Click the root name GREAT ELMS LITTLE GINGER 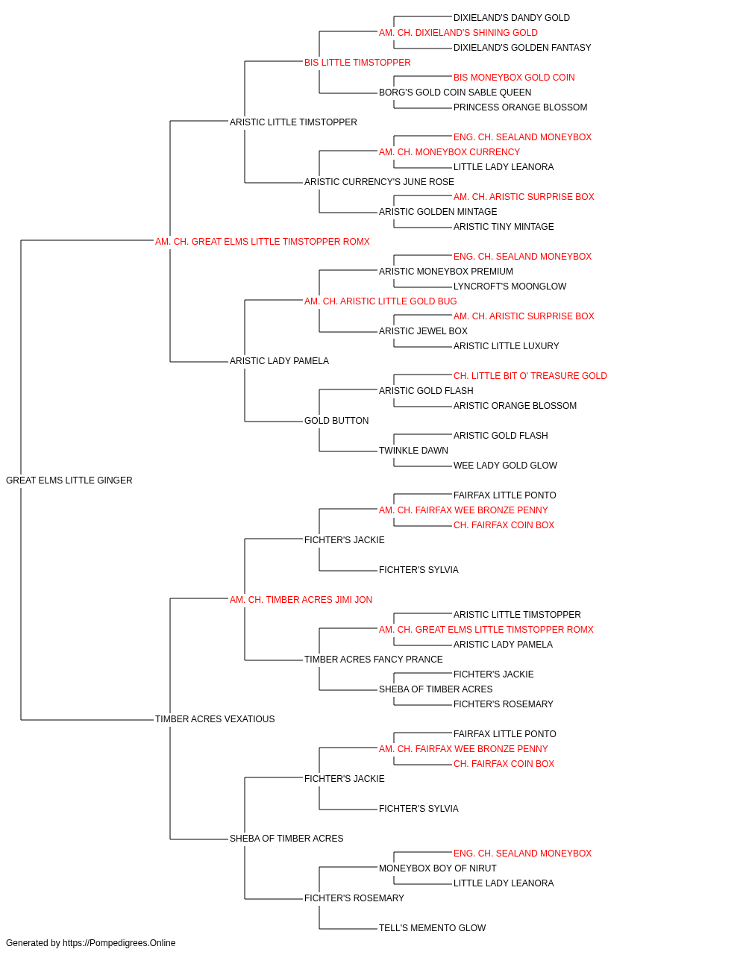pyautogui.click(x=69, y=480)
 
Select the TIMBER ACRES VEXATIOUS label pyautogui.click(x=215, y=718)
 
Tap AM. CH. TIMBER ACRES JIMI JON pyautogui.click(x=301, y=599)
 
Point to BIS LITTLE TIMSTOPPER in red pyautogui.click(x=357, y=63)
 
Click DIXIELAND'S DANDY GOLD pyautogui.click(x=512, y=18)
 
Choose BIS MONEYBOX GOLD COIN pyautogui.click(x=514, y=78)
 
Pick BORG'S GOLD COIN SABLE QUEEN pyautogui.click(x=455, y=93)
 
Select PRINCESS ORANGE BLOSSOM pyautogui.click(x=521, y=107)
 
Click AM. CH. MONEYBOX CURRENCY pyautogui.click(x=449, y=152)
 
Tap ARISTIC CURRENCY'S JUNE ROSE pyautogui.click(x=379, y=181)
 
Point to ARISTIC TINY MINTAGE pyautogui.click(x=504, y=226)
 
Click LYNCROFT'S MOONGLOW pyautogui.click(x=510, y=286)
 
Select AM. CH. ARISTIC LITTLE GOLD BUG pyautogui.click(x=380, y=301)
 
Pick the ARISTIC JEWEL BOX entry pyautogui.click(x=424, y=331)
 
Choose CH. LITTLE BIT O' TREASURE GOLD pyautogui.click(x=530, y=376)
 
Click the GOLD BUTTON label pyautogui.click(x=336, y=421)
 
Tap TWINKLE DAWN pyautogui.click(x=414, y=451)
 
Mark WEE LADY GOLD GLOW pyautogui.click(x=506, y=465)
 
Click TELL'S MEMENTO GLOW pyautogui.click(x=433, y=927)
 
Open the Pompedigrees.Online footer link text pyautogui.click(x=119, y=943)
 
